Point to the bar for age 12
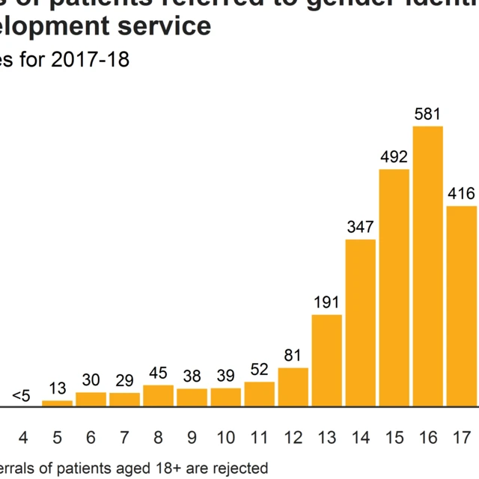click(x=293, y=387)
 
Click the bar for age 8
click(x=158, y=396)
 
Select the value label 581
click(x=428, y=115)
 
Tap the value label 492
click(x=394, y=158)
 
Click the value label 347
click(x=360, y=227)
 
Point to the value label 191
click(x=326, y=302)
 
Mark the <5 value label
click(x=21, y=396)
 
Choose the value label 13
click(x=57, y=388)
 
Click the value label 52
click(x=259, y=370)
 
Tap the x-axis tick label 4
click(x=22, y=436)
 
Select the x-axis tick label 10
click(x=225, y=436)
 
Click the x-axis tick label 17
click(x=461, y=436)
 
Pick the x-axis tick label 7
click(x=124, y=436)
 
